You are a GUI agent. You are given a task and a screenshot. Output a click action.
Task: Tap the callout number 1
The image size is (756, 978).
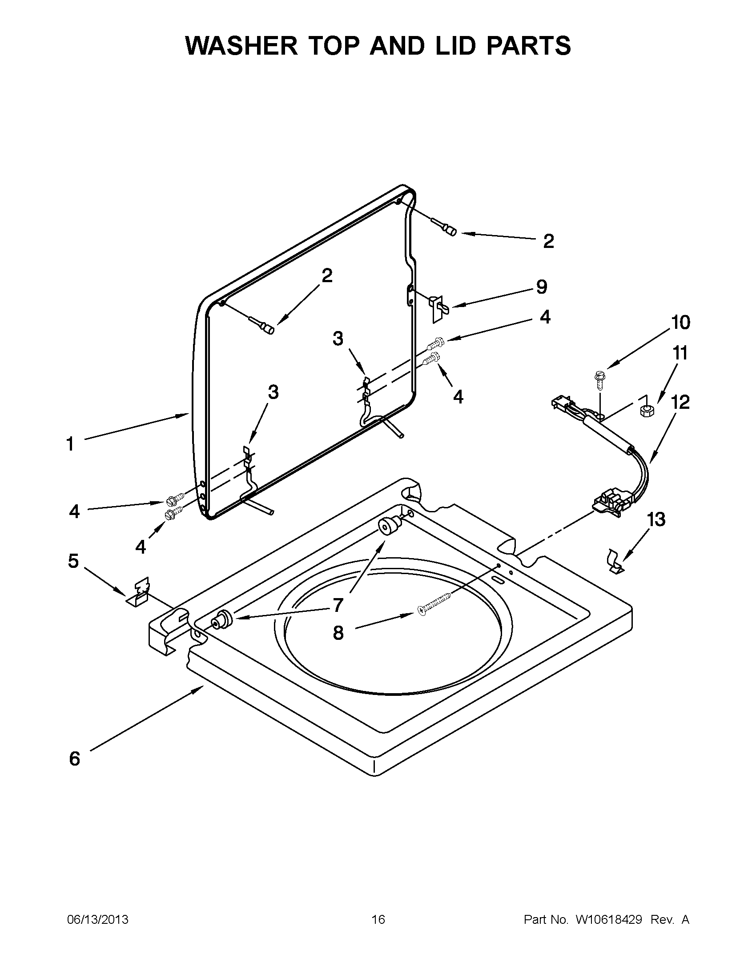[x=70, y=444]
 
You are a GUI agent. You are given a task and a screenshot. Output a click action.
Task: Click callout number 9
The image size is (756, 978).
[x=541, y=287]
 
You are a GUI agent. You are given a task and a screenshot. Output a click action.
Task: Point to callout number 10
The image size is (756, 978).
[x=680, y=323]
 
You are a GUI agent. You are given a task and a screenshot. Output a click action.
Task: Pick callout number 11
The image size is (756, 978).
[x=680, y=353]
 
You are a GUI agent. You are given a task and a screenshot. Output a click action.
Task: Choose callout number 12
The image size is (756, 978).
[x=680, y=402]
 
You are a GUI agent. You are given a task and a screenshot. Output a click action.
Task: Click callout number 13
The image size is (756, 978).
[x=656, y=519]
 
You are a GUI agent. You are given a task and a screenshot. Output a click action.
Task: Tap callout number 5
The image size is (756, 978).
[x=73, y=561]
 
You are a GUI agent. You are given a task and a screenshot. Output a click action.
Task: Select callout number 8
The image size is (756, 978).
[x=338, y=633]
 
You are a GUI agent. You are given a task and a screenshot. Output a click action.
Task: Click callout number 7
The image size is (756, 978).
[x=338, y=605]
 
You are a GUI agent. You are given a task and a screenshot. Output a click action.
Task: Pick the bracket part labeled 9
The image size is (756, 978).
[x=438, y=307]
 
